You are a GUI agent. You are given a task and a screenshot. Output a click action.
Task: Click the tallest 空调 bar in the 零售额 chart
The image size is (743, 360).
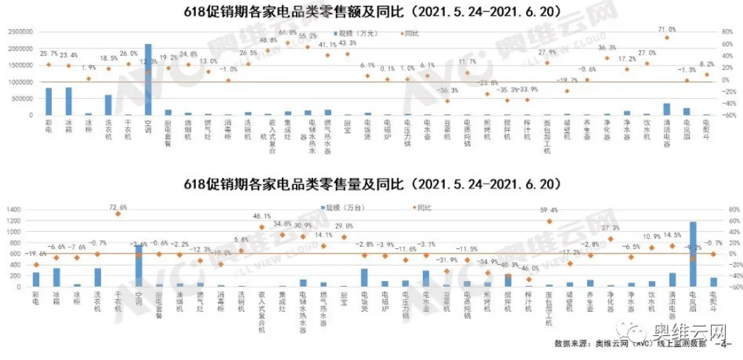[x=148, y=80]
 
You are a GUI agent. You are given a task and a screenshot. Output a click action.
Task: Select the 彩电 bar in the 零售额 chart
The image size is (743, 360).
[x=48, y=101]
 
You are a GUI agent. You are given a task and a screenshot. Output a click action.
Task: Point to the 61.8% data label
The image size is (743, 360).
[x=288, y=33]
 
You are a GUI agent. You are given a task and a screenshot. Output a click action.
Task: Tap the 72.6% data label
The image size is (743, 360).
[x=118, y=206]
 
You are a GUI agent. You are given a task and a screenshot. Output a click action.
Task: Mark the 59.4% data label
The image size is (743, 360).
[x=548, y=211]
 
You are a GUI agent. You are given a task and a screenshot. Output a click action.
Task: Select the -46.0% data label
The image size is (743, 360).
[x=528, y=269]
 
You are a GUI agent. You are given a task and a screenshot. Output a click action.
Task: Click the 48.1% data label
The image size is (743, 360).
[x=262, y=216]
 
